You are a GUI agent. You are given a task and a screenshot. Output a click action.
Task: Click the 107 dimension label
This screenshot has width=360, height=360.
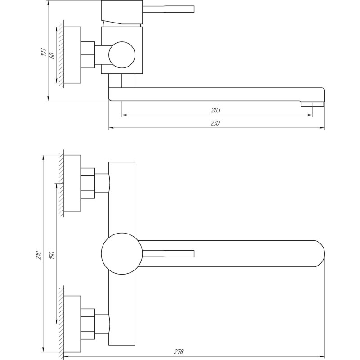pyautogui.click(x=43, y=51)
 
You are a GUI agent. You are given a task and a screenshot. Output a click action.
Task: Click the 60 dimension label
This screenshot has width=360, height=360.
pyautogui.click(x=52, y=56)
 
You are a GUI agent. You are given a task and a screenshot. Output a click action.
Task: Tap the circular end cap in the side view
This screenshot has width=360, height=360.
pyautogui.click(x=121, y=55)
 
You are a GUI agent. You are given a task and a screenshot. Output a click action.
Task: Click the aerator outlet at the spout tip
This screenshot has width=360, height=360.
pyautogui.click(x=312, y=104)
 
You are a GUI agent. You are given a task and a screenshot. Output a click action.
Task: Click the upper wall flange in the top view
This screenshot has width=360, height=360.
pyautogui.click(x=72, y=183)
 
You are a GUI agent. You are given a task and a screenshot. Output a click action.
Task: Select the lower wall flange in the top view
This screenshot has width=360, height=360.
pyautogui.click(x=72, y=323)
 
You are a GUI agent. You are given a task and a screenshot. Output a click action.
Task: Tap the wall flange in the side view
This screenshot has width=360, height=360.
pyautogui.click(x=72, y=55)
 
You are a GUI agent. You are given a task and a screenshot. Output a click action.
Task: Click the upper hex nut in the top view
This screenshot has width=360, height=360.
pyautogui.click(x=88, y=183)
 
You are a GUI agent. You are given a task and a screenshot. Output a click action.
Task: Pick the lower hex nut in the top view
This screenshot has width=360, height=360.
pyautogui.click(x=88, y=323)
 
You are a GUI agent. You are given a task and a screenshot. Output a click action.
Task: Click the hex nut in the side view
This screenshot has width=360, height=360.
pyautogui.click(x=88, y=55)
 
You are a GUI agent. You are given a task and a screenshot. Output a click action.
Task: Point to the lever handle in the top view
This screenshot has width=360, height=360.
pyautogui.click(x=169, y=253)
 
